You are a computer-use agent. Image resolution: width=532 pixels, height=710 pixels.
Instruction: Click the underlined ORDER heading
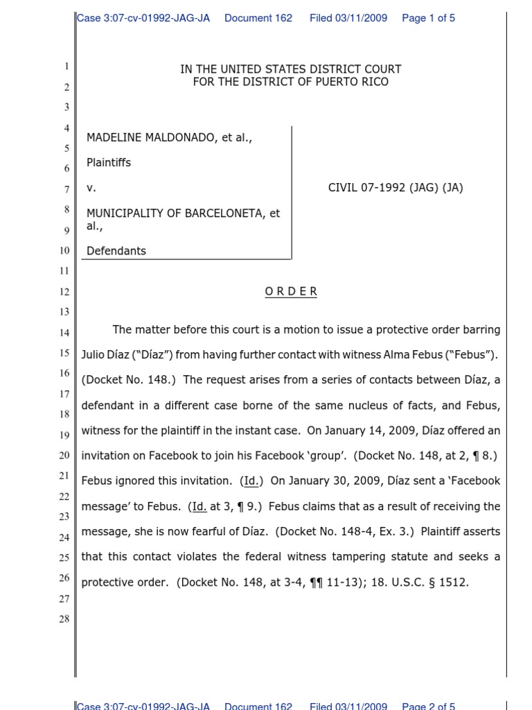coord(291,292)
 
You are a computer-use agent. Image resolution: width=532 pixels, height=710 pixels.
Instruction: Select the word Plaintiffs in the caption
coord(109,162)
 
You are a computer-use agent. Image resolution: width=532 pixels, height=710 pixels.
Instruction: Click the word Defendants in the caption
coord(116,251)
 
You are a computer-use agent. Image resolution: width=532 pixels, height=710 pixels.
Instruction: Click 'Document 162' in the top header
coord(258,18)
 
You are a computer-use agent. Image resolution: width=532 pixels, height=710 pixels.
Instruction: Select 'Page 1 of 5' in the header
coord(428,18)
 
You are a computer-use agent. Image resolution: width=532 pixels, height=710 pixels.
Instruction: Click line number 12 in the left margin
coord(64,292)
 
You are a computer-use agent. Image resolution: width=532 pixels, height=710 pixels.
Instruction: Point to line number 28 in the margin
coord(64,618)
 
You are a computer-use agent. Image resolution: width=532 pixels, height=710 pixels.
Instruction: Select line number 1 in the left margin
coord(66,67)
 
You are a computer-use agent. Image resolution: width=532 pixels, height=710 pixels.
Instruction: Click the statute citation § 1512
coord(449,582)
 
